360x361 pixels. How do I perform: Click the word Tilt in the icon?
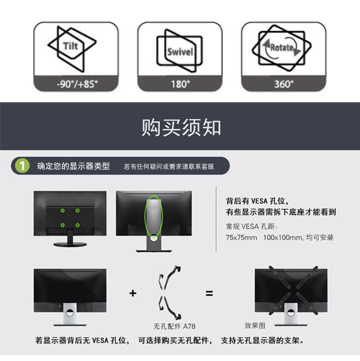coord(71,46)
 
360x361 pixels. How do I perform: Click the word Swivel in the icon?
coord(180,52)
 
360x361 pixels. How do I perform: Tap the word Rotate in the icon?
coord(282,48)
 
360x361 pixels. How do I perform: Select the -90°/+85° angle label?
coord(77,84)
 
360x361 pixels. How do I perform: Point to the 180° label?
coord(180,84)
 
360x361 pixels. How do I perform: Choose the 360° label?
coord(284,84)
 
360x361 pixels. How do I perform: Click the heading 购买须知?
coord(181,127)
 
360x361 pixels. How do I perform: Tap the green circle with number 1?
coord(22,166)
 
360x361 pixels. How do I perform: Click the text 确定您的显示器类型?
coord(73,166)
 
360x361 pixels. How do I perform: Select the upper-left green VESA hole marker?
coord(63,210)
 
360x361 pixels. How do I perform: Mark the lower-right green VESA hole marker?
coord(77,225)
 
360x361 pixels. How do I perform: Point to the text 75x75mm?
coord(242,237)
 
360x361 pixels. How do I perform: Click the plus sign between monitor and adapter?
coord(133,293)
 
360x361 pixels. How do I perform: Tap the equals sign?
coord(209,293)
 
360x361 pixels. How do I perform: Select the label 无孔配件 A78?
coord(175,326)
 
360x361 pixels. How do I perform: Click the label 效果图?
coord(255,325)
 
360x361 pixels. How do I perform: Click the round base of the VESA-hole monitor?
coord(70,244)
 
